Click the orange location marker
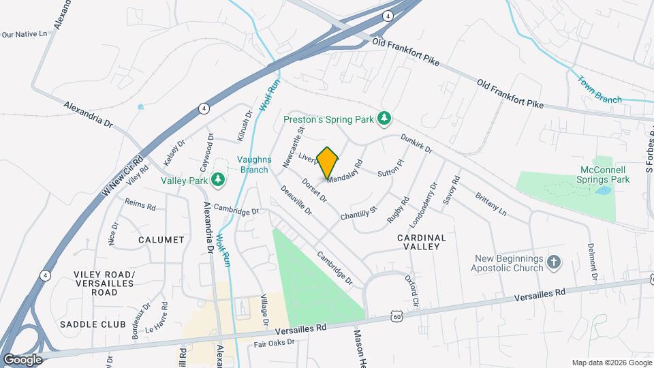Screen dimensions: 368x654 328,162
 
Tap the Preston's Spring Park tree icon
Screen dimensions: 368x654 385,119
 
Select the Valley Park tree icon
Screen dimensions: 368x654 218,179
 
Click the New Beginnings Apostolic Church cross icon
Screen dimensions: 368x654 555,262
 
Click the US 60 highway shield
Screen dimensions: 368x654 396,315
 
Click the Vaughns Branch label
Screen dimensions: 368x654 254,164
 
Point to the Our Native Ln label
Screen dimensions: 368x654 25,33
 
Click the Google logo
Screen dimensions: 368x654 22,359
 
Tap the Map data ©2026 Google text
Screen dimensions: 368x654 610,363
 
